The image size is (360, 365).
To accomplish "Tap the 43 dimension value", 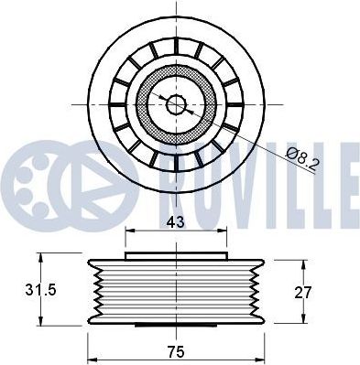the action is coord(176,222).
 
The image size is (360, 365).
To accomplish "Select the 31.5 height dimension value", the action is coord(40,290).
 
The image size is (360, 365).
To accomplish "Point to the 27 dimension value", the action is coord(303,293).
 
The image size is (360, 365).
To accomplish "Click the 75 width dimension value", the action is coord(176,352).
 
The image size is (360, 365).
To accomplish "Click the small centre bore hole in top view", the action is coord(176,104).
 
